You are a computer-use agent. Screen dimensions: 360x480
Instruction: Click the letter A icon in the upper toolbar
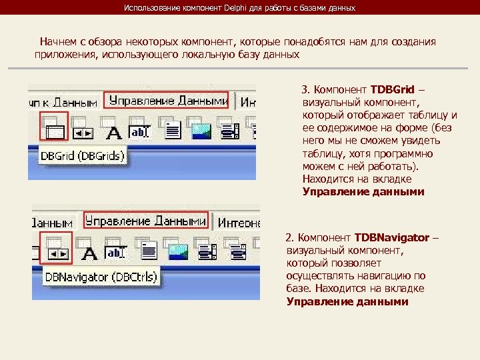(114, 133)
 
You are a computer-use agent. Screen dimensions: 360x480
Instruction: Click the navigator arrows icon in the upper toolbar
(83, 133)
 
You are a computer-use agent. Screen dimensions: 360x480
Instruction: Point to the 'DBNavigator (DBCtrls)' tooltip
(101, 277)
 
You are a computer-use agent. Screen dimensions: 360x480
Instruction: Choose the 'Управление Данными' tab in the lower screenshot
(146, 221)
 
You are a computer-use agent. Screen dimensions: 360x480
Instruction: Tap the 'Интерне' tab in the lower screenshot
(238, 223)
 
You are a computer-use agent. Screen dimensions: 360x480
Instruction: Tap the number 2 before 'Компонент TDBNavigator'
(289, 237)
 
